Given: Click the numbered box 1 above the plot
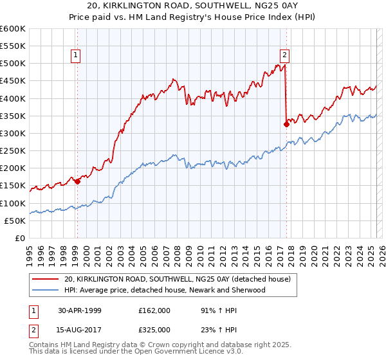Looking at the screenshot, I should point(77,55).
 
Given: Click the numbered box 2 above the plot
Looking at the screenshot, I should point(284,55).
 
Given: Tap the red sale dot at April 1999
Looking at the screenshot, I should point(77,181).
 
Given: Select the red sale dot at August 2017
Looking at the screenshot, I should point(286,125).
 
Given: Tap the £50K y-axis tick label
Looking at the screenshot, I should point(15,221).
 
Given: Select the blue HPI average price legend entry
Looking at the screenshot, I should point(165,291).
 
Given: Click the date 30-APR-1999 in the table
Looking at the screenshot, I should point(79,310).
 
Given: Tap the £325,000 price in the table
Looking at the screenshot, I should point(154,329).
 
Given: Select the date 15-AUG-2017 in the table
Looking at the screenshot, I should point(79,329).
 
